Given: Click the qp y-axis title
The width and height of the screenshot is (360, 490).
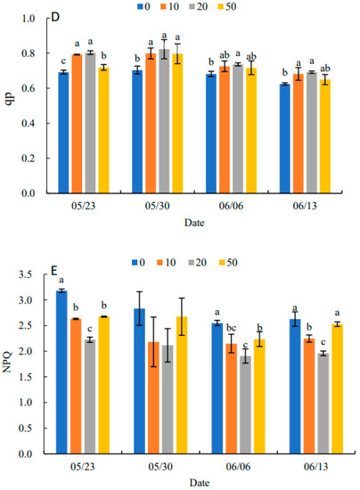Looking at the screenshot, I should coord(10,105).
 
